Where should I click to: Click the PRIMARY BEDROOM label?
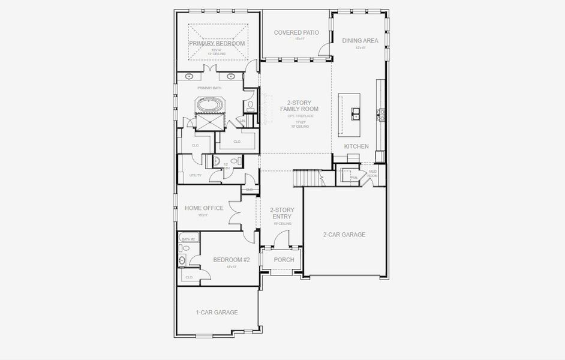(x=217, y=44)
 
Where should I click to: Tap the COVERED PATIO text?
(x=296, y=32)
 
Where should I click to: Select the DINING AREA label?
(x=360, y=41)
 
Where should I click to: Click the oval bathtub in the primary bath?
(x=209, y=105)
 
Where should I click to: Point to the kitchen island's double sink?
(x=356, y=112)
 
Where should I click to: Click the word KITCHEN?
(x=356, y=146)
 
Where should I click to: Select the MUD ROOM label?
(x=372, y=173)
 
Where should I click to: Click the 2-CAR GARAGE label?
(x=344, y=235)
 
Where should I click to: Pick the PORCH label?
(x=284, y=260)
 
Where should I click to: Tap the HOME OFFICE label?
(x=204, y=208)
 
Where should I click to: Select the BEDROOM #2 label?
(x=231, y=260)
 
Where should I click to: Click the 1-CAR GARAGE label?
(x=217, y=312)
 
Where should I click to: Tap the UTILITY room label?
(x=196, y=175)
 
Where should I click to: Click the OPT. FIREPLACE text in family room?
(x=299, y=116)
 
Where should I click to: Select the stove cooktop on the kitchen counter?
(x=380, y=112)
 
